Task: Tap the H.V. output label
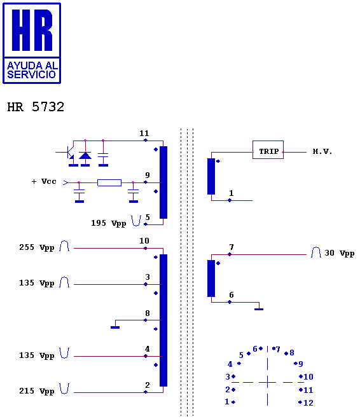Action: pyautogui.click(x=322, y=151)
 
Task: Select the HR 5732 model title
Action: pyautogui.click(x=36, y=107)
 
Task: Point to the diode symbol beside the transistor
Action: pyautogui.click(x=85, y=155)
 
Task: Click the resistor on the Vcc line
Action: pyautogui.click(x=109, y=182)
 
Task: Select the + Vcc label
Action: pyautogui.click(x=44, y=181)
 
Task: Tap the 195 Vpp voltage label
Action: pyautogui.click(x=109, y=223)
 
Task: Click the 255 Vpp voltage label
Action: pyautogui.click(x=37, y=247)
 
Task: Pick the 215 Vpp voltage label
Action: pyautogui.click(x=37, y=391)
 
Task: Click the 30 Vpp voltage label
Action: pyautogui.click(x=340, y=253)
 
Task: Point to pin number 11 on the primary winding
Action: pyautogui.click(x=144, y=133)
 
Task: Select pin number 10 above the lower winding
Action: pyautogui.click(x=144, y=241)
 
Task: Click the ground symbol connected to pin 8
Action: pyautogui.click(x=115, y=327)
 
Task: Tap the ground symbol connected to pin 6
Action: pyautogui.click(x=259, y=309)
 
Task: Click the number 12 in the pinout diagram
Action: pyautogui.click(x=308, y=402)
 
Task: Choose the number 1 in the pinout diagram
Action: pyautogui.click(x=227, y=402)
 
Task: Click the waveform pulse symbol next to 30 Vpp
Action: pyautogui.click(x=316, y=252)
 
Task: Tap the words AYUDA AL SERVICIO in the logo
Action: pyautogui.click(x=32, y=70)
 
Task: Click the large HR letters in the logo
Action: pyautogui.click(x=32, y=30)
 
